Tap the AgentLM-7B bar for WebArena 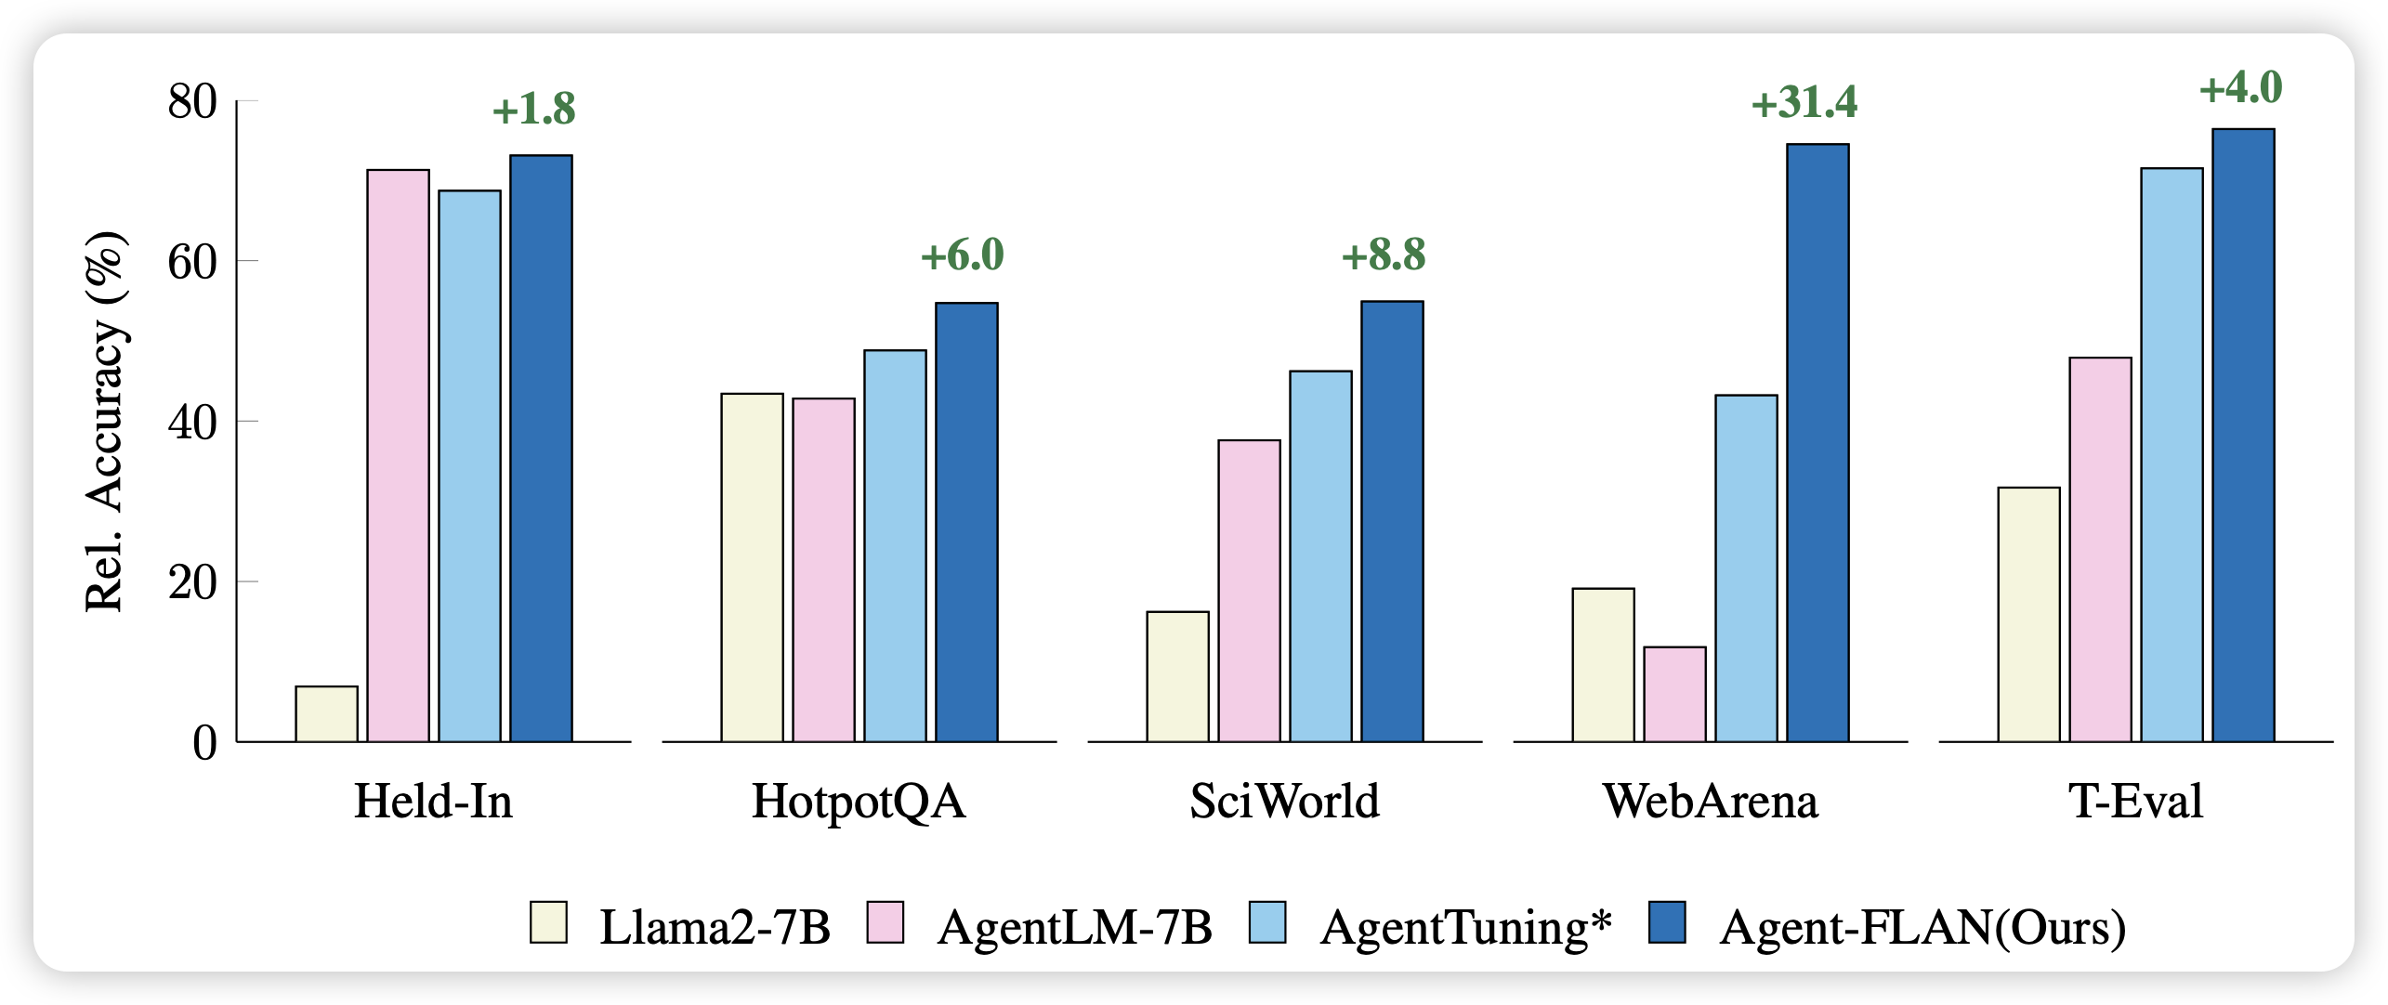coord(1674,694)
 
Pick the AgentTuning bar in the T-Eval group coord(2172,454)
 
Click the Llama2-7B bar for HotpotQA coord(752,568)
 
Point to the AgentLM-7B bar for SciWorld coord(1249,591)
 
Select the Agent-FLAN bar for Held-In coord(541,448)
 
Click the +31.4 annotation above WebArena coord(1804,103)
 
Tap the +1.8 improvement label coord(533,110)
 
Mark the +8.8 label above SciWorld coord(1383,255)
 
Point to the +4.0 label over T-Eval coord(2240,89)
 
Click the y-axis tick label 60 coord(192,262)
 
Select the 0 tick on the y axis coord(204,743)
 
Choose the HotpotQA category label coord(859,802)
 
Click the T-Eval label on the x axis coord(2135,802)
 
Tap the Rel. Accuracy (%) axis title coord(104,422)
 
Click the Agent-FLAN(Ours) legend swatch coord(1666,923)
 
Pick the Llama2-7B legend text coord(715,927)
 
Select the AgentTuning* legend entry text coord(1465,927)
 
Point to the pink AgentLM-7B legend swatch coord(885,923)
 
